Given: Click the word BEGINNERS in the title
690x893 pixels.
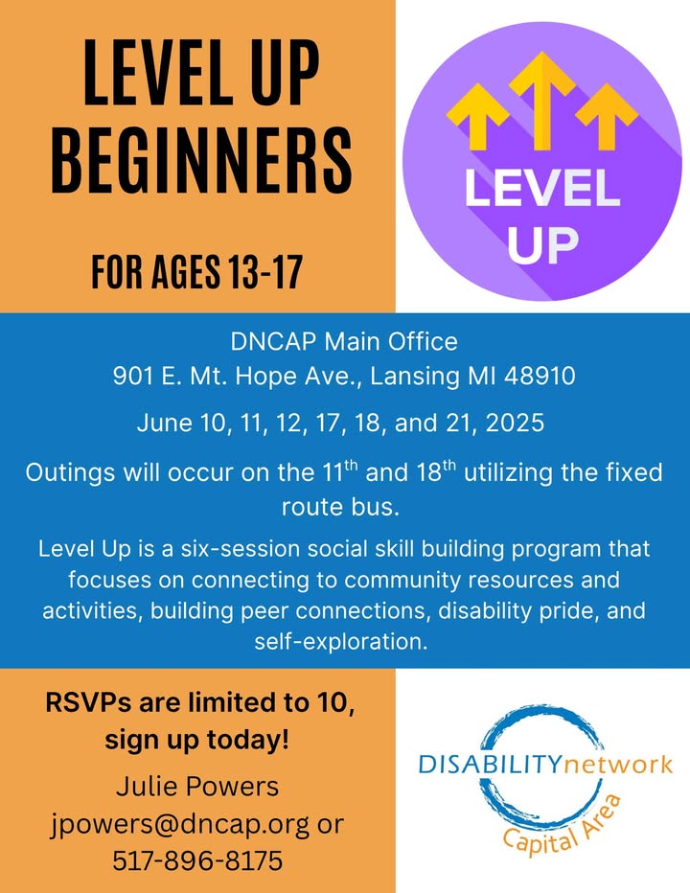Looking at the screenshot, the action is pyautogui.click(x=202, y=160).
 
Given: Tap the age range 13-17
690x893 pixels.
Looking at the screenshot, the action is pyautogui.click(x=264, y=272).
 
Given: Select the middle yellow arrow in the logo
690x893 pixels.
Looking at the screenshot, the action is pyautogui.click(x=542, y=101).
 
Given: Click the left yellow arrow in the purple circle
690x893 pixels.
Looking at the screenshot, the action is pyautogui.click(x=477, y=116).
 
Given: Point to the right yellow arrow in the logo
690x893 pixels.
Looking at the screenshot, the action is pyautogui.click(x=607, y=116).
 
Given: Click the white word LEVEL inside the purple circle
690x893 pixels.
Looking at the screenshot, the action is pyautogui.click(x=542, y=189).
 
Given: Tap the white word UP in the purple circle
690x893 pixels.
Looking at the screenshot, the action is pyautogui.click(x=542, y=245).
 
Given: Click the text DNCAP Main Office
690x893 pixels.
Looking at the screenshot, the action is pyautogui.click(x=344, y=342).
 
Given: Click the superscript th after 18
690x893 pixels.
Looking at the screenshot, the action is pyautogui.click(x=449, y=466).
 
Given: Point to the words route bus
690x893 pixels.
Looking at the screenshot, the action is pyautogui.click(x=341, y=507).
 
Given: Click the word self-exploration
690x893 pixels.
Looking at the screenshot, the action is pyautogui.click(x=341, y=642).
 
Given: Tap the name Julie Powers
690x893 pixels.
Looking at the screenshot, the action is pyautogui.click(x=197, y=787).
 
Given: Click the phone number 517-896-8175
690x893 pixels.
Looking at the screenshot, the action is pyautogui.click(x=197, y=861).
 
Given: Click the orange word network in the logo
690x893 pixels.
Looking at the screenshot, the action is pyautogui.click(x=617, y=765).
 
